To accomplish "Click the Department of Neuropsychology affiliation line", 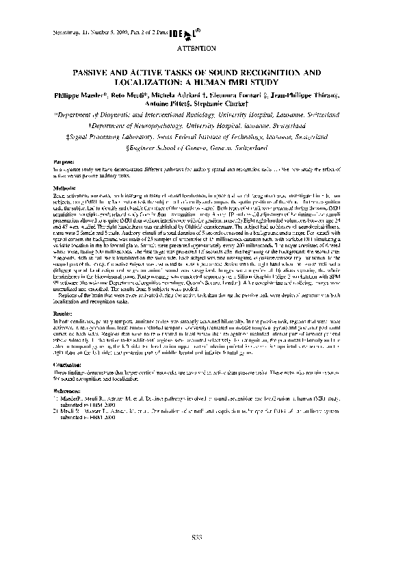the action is tap(197, 126).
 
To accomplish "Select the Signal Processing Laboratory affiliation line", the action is tap(197, 136).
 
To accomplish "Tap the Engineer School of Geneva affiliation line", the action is tap(197, 147).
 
